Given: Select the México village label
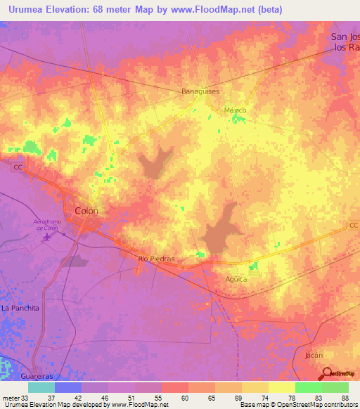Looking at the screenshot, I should tap(235, 110).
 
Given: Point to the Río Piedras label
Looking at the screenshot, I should tap(155, 259).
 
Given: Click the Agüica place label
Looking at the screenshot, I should tap(236, 279).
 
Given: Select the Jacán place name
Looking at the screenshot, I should tap(314, 356).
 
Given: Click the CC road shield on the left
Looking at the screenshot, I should tap(17, 167).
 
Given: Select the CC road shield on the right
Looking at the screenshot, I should tap(354, 225).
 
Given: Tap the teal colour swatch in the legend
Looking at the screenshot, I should tap(41, 387).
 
